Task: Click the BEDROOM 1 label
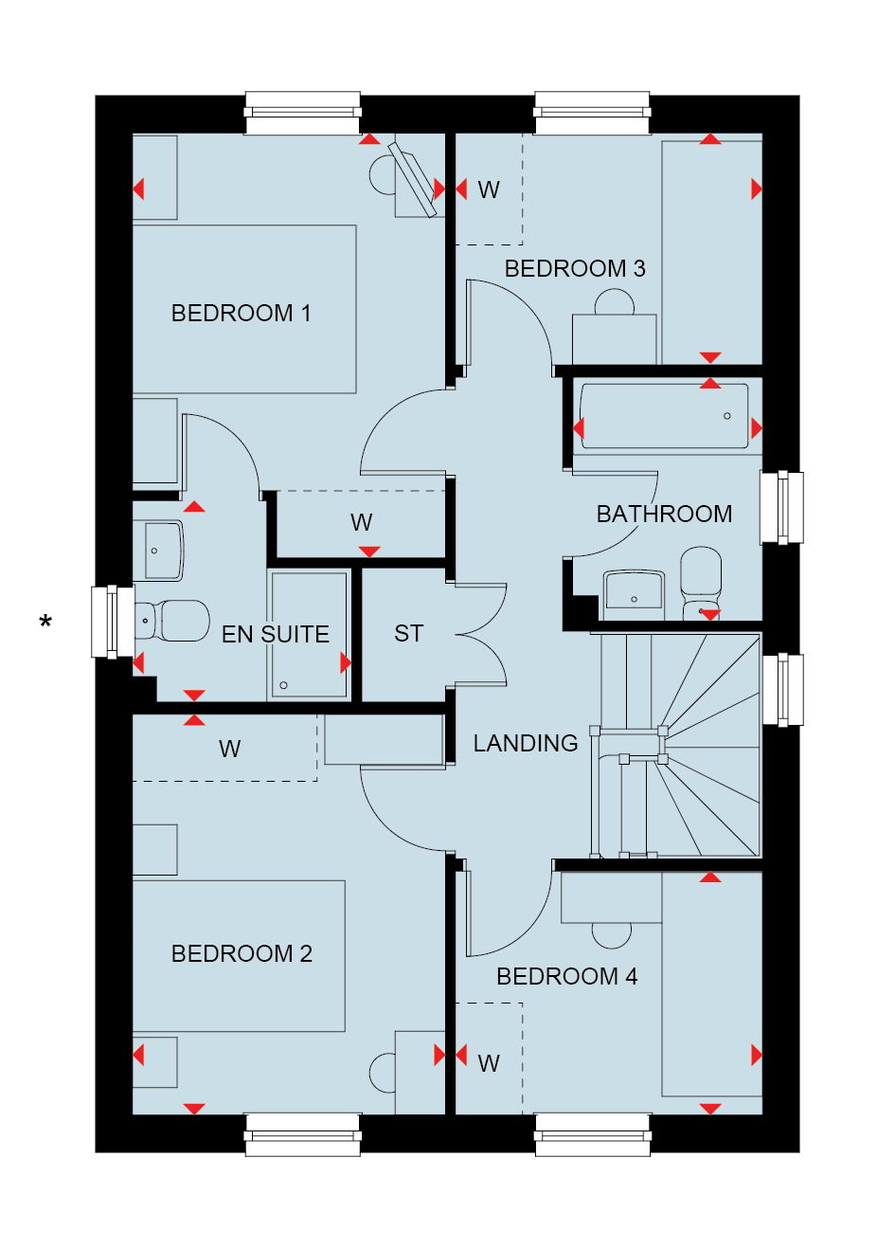click(x=241, y=313)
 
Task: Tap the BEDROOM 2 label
click(x=242, y=953)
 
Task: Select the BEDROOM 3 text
click(x=575, y=269)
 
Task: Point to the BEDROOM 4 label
click(x=566, y=976)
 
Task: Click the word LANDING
click(x=526, y=743)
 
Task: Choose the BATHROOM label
click(x=664, y=514)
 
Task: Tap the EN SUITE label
click(x=275, y=634)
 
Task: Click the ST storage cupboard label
click(x=408, y=633)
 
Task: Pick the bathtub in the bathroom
click(x=663, y=415)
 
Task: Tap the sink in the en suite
click(x=162, y=550)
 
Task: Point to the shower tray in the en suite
click(x=309, y=634)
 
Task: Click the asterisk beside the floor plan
click(x=45, y=623)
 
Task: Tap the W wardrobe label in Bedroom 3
click(x=488, y=190)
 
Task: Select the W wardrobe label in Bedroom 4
click(x=488, y=1063)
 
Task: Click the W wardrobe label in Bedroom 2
click(x=229, y=749)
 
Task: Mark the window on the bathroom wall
click(x=781, y=508)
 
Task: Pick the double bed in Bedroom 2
click(x=239, y=955)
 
